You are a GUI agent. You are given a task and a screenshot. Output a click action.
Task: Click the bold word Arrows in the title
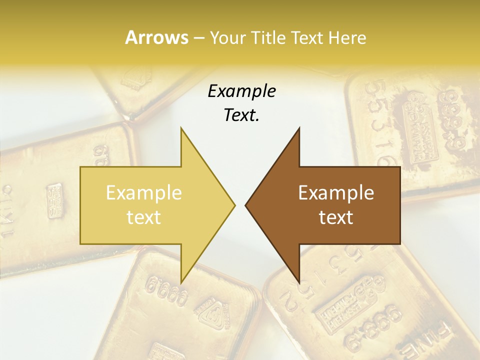[x=156, y=37]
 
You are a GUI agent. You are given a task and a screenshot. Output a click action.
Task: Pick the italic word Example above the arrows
[x=242, y=91]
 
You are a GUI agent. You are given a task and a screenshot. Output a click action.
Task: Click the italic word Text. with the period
[x=242, y=115]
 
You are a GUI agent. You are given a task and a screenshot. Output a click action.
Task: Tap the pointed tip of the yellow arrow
[x=234, y=205]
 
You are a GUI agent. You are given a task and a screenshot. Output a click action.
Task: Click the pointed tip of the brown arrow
[x=245, y=205]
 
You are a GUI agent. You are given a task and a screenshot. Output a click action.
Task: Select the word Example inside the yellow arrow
[x=144, y=193]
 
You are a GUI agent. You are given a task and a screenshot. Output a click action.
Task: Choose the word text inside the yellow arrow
[x=144, y=217]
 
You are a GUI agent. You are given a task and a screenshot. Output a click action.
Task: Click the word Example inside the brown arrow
[x=336, y=193]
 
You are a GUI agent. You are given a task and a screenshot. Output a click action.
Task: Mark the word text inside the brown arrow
[x=336, y=217]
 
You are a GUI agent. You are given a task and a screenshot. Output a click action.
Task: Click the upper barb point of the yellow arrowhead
[x=181, y=128]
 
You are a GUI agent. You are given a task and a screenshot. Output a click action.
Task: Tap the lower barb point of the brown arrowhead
[x=299, y=283]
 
